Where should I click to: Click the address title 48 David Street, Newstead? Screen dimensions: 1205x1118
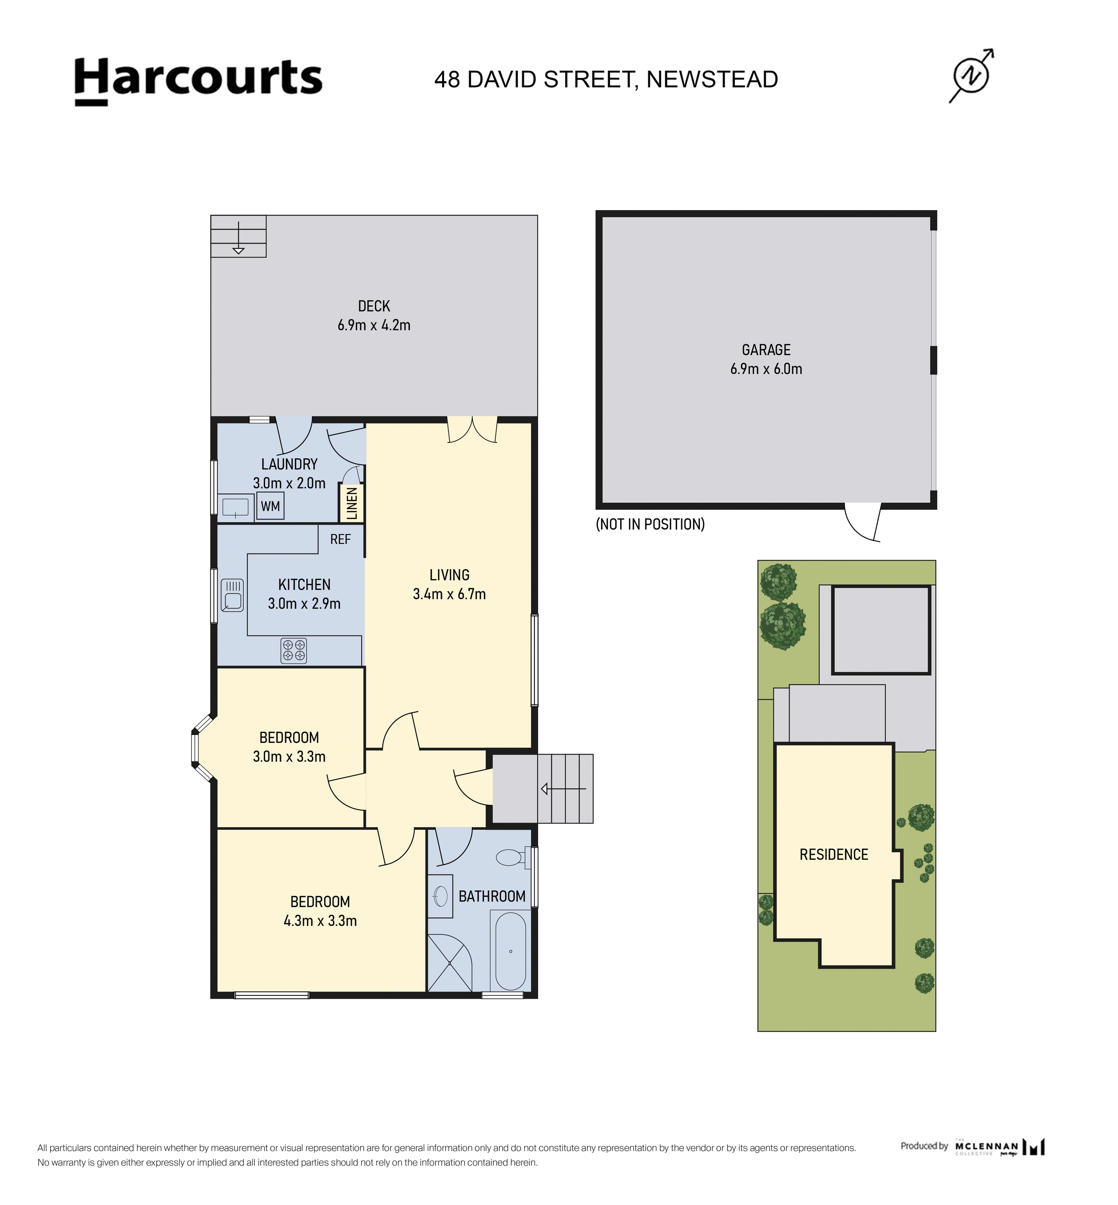click(x=606, y=79)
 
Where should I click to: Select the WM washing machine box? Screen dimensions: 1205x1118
click(x=270, y=506)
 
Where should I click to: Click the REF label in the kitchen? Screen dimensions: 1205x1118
click(x=340, y=539)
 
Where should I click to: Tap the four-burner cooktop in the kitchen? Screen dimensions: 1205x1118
click(x=293, y=651)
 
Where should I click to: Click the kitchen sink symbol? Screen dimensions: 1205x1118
click(x=232, y=595)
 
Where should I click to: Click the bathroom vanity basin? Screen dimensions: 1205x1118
click(x=441, y=896)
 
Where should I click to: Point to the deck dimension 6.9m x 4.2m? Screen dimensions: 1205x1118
click(x=374, y=325)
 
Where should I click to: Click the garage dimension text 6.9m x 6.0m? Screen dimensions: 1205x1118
click(x=766, y=368)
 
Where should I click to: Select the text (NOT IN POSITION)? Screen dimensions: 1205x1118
click(x=650, y=524)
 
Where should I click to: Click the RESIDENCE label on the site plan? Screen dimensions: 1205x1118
click(x=834, y=855)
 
